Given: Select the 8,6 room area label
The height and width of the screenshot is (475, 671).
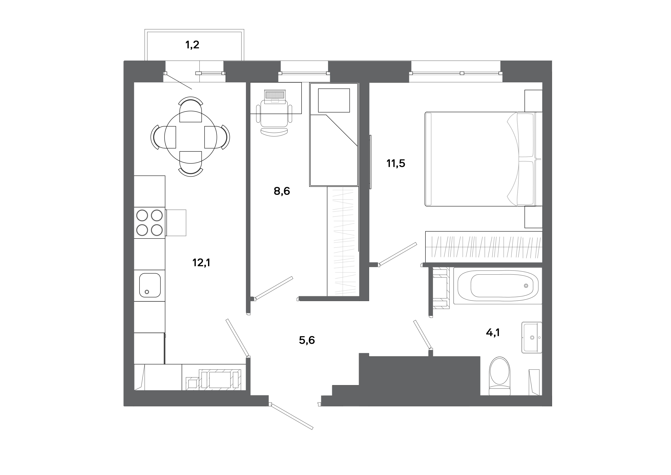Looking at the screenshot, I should pyautogui.click(x=282, y=191).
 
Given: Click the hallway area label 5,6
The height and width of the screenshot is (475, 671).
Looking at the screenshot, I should pyautogui.click(x=307, y=340).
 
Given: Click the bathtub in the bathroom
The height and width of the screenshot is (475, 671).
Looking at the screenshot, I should pyautogui.click(x=498, y=285).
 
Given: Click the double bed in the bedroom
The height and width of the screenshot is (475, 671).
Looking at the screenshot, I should pyautogui.click(x=479, y=159).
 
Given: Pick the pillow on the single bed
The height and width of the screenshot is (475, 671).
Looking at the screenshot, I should pyautogui.click(x=334, y=100).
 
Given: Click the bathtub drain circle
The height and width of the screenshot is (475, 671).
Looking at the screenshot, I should pyautogui.click(x=526, y=285).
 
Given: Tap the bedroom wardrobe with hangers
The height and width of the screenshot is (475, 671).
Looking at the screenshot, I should pyautogui.click(x=484, y=247).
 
